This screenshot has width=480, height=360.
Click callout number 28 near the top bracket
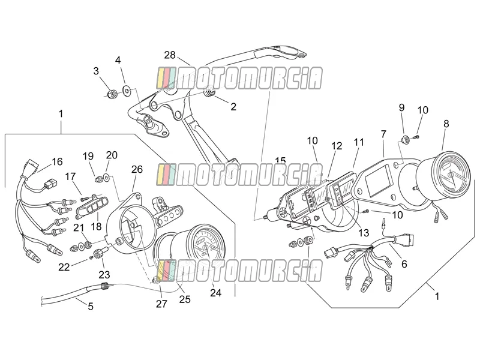click(x=170, y=55)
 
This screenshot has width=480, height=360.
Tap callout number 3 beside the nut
click(x=96, y=71)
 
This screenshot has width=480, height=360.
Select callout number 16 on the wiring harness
click(x=57, y=161)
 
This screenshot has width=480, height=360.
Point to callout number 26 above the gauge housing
click(x=137, y=169)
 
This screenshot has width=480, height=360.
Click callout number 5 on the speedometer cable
click(x=91, y=306)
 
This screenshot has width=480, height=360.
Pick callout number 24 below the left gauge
click(x=215, y=293)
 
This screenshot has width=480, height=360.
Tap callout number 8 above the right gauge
click(x=446, y=124)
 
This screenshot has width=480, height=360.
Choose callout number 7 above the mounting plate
click(x=383, y=134)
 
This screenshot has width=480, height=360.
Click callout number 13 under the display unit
click(x=364, y=233)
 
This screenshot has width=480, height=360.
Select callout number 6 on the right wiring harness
click(x=404, y=263)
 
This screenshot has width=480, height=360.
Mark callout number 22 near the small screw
click(x=64, y=267)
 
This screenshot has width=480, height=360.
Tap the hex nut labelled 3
click(x=112, y=93)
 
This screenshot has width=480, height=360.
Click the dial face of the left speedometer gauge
click(x=206, y=246)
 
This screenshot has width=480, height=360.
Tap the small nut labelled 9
click(x=405, y=140)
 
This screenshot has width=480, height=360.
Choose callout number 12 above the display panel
click(x=337, y=146)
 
